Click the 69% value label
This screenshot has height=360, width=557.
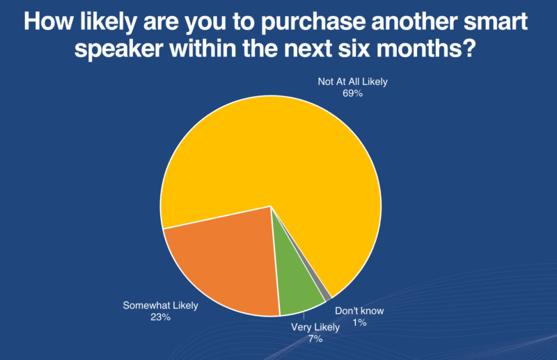point(352,93)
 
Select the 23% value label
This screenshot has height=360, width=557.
point(160,317)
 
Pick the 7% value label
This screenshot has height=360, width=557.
point(315,339)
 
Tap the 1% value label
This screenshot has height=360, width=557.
point(359,322)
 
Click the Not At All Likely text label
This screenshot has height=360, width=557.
point(352,81)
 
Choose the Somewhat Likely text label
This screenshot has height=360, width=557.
point(160,306)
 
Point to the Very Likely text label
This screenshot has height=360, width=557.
point(315,327)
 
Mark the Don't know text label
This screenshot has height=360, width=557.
point(359,311)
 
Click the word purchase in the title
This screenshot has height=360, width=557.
point(313,22)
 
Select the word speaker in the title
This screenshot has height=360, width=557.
point(119,49)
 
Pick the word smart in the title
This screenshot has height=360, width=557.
point(495,22)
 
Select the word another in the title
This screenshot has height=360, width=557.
point(414,22)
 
